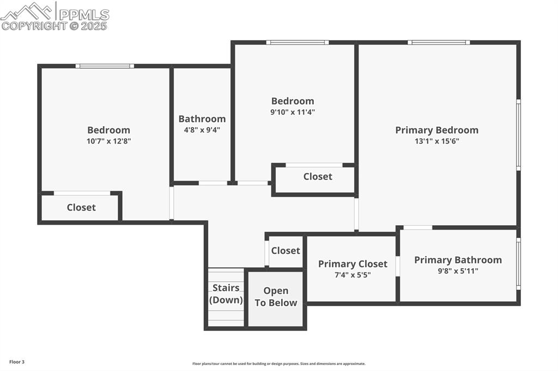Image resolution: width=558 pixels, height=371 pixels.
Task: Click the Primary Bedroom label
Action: (436, 130)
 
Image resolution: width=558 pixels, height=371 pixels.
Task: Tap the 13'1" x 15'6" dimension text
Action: (436, 141)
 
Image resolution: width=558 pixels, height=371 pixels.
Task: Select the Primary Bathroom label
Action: (458, 260)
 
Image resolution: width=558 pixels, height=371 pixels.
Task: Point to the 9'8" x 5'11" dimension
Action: (458, 271)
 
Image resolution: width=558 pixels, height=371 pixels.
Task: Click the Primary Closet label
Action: (353, 264)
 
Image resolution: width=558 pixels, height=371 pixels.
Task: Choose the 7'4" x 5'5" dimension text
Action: (353, 275)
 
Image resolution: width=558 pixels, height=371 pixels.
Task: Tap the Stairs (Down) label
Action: (226, 294)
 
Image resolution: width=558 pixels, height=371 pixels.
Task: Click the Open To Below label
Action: (276, 297)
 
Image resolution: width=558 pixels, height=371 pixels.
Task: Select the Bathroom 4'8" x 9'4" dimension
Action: (202, 130)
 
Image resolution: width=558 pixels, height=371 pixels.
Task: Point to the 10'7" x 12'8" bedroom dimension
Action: (109, 141)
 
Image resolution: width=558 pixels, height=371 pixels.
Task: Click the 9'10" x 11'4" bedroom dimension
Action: (293, 112)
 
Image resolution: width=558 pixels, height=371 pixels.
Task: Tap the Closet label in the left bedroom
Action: (81, 207)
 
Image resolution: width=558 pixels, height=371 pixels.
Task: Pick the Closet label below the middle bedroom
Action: (318, 176)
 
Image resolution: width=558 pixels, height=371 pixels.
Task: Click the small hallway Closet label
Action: (286, 250)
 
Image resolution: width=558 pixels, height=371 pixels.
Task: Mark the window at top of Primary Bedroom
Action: (439, 42)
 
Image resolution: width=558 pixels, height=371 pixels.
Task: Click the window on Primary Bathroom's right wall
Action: (518, 263)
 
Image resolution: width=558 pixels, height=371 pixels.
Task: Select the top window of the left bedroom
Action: (105, 66)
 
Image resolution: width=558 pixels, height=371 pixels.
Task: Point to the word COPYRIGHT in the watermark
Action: (34, 26)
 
